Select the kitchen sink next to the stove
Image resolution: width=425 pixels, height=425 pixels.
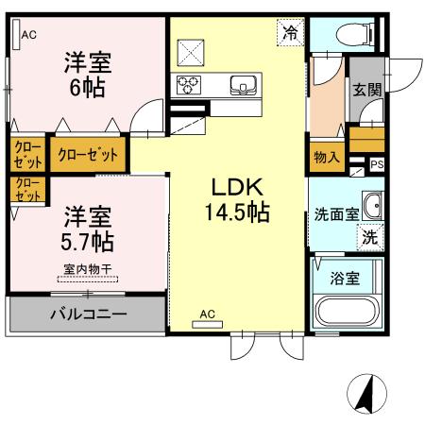point(244,86)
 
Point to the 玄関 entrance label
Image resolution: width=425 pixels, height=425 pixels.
point(366,92)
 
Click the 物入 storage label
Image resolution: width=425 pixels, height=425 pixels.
point(326,158)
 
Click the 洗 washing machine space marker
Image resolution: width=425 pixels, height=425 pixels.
point(372,238)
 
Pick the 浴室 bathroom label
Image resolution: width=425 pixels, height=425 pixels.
point(344,279)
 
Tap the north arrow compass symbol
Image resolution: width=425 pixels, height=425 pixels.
point(365,391)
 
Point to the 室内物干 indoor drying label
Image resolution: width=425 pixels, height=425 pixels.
point(87,270)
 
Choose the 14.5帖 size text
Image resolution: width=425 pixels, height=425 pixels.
point(236,213)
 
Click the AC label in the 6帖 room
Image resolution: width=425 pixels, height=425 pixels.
point(28,35)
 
